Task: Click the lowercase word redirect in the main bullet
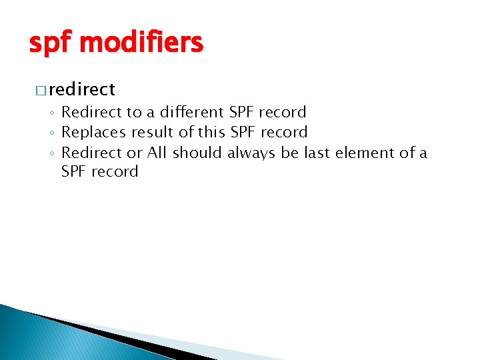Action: tap(81, 89)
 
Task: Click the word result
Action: tap(153, 132)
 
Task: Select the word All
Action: tap(157, 153)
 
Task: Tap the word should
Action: tap(197, 153)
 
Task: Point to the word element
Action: tap(364, 153)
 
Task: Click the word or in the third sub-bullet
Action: tap(134, 153)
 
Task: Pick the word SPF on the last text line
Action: tap(74, 171)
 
